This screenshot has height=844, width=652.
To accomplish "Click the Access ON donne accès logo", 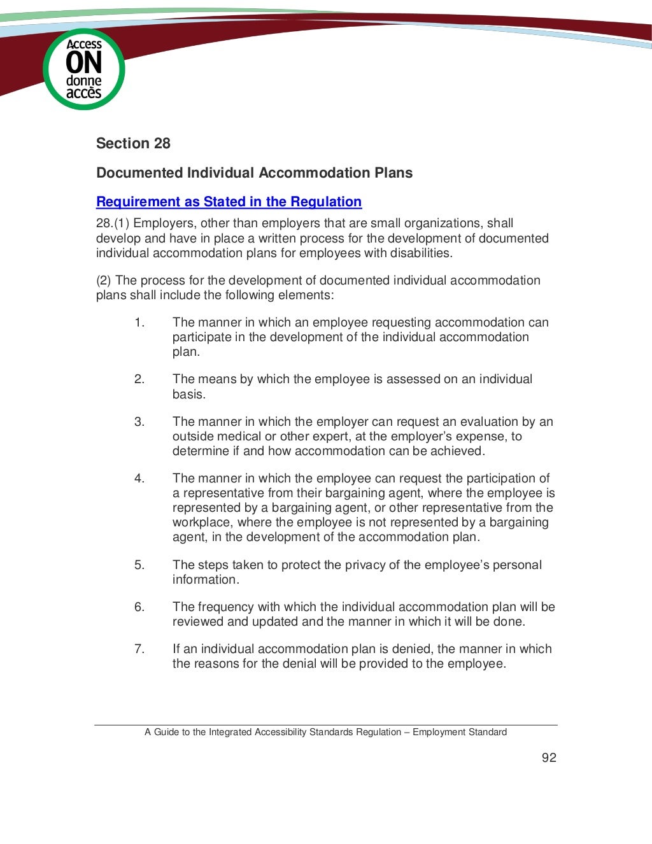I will point(84,69).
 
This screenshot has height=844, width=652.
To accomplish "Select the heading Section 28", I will point(133,143).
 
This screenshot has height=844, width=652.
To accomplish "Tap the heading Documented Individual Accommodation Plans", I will point(254,172).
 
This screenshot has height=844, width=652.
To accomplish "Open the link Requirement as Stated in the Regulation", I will point(229,202).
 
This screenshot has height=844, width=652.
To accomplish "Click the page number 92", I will point(549,757).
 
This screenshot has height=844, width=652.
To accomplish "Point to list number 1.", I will point(139,323).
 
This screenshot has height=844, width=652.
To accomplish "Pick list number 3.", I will point(139,422).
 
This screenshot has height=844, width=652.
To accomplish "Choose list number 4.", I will point(139,479).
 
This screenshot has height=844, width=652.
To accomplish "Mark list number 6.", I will point(139,607).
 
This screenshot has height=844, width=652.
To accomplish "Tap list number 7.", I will point(139,649).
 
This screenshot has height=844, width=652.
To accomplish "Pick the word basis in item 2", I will point(188,395).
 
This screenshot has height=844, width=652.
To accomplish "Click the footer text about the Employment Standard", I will point(325,732).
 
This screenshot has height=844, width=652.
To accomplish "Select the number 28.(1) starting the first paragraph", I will point(113,223).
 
